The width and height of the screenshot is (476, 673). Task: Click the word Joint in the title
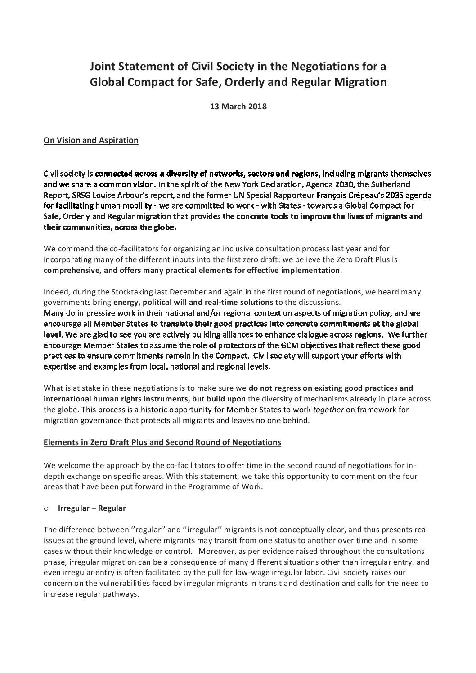pyautogui.click(x=102, y=67)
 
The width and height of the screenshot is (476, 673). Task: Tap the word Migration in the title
pyautogui.click(x=360, y=82)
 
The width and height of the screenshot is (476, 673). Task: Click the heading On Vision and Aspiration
pyautogui.click(x=91, y=140)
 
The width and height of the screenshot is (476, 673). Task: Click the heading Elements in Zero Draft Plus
pyautogui.click(x=162, y=442)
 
